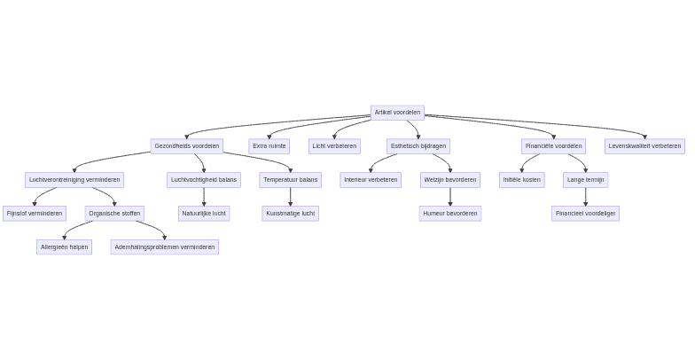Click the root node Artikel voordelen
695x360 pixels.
tap(397, 113)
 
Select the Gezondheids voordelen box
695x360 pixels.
tap(186, 146)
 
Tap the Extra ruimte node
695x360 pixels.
tap(269, 146)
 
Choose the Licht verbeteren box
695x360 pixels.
tap(334, 146)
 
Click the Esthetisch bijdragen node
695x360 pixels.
tap(418, 146)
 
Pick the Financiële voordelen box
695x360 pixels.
tap(553, 146)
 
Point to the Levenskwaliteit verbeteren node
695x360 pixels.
tap(644, 146)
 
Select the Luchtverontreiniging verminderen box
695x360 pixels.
tap(74, 180)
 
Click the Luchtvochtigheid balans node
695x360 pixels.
tap(204, 180)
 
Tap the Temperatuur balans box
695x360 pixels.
tap(290, 180)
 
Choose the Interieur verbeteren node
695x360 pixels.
tap(371, 180)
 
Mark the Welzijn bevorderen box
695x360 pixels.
tap(449, 180)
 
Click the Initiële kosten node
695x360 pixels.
tap(521, 180)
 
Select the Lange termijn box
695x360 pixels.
tap(585, 180)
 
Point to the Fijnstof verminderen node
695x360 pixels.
tap(35, 214)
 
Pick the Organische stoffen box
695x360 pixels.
tap(114, 214)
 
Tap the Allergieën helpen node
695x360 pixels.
tap(64, 247)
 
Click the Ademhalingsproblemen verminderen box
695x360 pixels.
tap(164, 247)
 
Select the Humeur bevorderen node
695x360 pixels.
tap(449, 214)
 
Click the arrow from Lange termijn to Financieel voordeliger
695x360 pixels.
tap(585, 197)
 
